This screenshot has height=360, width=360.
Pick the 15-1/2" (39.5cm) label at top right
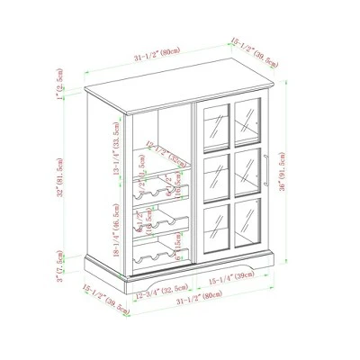255,53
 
